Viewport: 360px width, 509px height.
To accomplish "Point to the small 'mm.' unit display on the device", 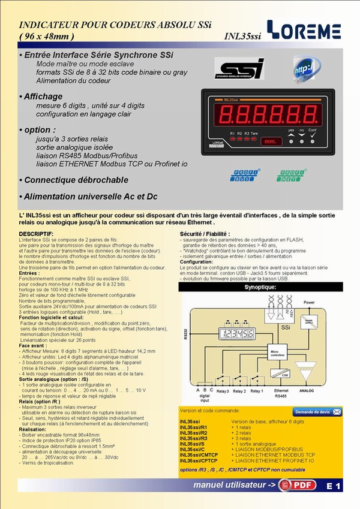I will click(x=269, y=142).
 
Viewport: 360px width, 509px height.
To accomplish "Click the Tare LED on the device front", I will click(x=255, y=138).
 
